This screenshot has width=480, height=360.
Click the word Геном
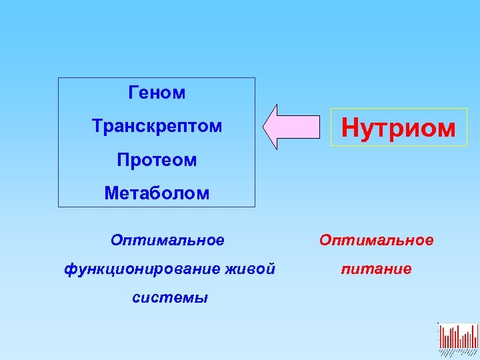pyautogui.click(x=157, y=93)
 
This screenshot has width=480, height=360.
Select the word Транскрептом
pyautogui.click(x=157, y=126)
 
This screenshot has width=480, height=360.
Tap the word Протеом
pyautogui.click(x=157, y=160)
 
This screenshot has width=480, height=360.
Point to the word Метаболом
pyautogui.click(x=157, y=193)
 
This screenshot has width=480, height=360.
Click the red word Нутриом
pyautogui.click(x=399, y=127)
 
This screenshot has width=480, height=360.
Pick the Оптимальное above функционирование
pyautogui.click(x=167, y=239)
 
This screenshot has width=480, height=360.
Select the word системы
pyautogui.click(x=170, y=298)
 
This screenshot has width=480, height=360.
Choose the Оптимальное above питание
pyautogui.click(x=376, y=239)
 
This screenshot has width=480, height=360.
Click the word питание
pyautogui.click(x=376, y=269)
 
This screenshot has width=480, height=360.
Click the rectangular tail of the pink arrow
pyautogui.click(x=300, y=127)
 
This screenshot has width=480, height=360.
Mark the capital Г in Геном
pyautogui.click(x=133, y=93)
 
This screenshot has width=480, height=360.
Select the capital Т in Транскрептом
pyautogui.click(x=97, y=126)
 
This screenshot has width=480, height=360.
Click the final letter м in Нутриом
pyautogui.click(x=447, y=129)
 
